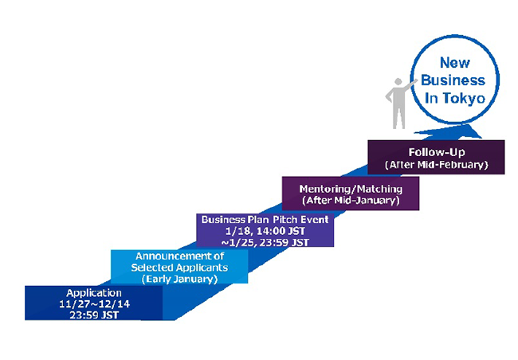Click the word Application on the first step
pyautogui.click(x=94, y=293)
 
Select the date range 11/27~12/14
pyautogui.click(x=95, y=304)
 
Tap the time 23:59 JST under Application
pyautogui.click(x=94, y=315)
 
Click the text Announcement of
pyautogui.click(x=180, y=256)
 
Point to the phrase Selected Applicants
pyautogui.click(x=179, y=267)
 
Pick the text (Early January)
pyautogui.click(x=180, y=279)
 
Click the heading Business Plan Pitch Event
pyautogui.click(x=265, y=220)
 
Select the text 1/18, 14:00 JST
pyautogui.click(x=265, y=231)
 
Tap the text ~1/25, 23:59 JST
pyautogui.click(x=265, y=242)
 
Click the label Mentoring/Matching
pyautogui.click(x=351, y=189)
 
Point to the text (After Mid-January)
pyautogui.click(x=351, y=201)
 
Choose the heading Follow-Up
pyautogui.click(x=437, y=152)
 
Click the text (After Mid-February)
pyautogui.click(x=437, y=165)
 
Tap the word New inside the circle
pyautogui.click(x=454, y=63)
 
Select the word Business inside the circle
pyautogui.click(x=453, y=80)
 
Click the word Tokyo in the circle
pyautogui.click(x=464, y=99)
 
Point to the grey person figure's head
pyautogui.click(x=398, y=81)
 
